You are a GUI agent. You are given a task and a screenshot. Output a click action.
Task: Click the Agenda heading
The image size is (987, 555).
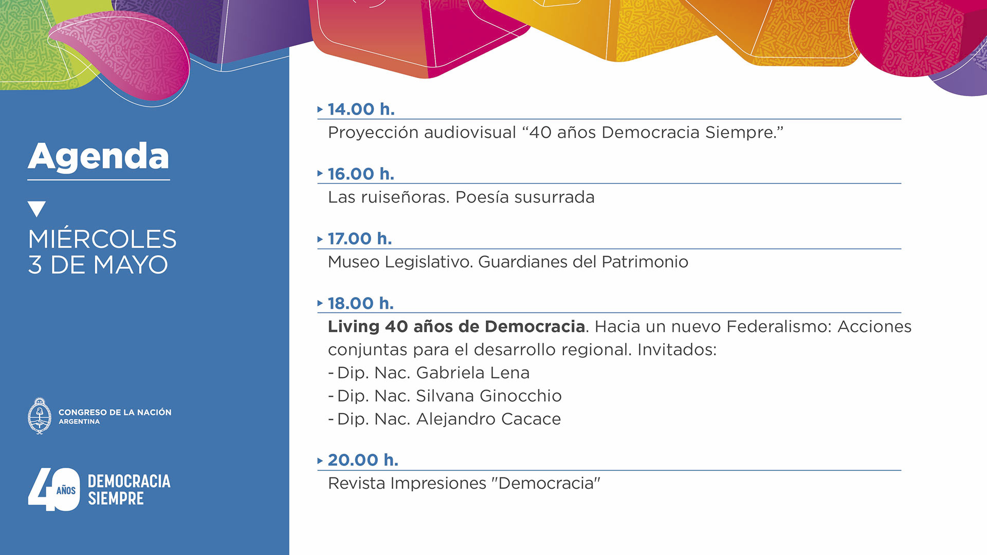[98, 157]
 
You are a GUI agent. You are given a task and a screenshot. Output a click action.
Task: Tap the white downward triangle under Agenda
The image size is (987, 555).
[36, 209]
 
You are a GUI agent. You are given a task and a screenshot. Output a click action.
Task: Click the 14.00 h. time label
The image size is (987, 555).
[361, 109]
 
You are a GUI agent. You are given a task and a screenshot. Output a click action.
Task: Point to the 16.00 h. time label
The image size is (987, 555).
[361, 174]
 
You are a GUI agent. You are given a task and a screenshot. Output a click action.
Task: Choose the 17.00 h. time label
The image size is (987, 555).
[360, 238]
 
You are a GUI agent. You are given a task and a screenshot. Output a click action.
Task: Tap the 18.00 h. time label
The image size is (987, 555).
[361, 303]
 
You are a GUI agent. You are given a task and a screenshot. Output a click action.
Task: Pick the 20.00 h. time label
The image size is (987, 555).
[363, 460]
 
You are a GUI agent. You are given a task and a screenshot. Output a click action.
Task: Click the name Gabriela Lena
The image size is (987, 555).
[472, 373]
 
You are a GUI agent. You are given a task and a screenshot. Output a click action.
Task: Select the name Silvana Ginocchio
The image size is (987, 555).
[488, 396]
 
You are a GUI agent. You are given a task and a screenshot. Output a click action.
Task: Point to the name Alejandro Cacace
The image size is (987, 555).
[488, 419]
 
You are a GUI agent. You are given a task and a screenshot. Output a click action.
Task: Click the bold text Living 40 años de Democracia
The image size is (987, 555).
[456, 326]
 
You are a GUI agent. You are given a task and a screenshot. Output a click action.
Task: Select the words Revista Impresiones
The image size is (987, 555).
[407, 484]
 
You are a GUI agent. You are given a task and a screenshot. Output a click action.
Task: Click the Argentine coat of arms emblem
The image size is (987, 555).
[40, 416]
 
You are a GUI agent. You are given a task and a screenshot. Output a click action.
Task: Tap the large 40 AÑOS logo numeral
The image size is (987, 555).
[54, 489]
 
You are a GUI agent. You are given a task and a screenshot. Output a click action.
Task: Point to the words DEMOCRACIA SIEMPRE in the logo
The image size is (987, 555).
[129, 490]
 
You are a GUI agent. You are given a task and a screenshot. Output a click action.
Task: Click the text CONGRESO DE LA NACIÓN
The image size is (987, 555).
[115, 412]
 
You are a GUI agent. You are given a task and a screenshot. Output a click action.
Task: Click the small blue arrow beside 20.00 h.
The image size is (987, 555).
[320, 460]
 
